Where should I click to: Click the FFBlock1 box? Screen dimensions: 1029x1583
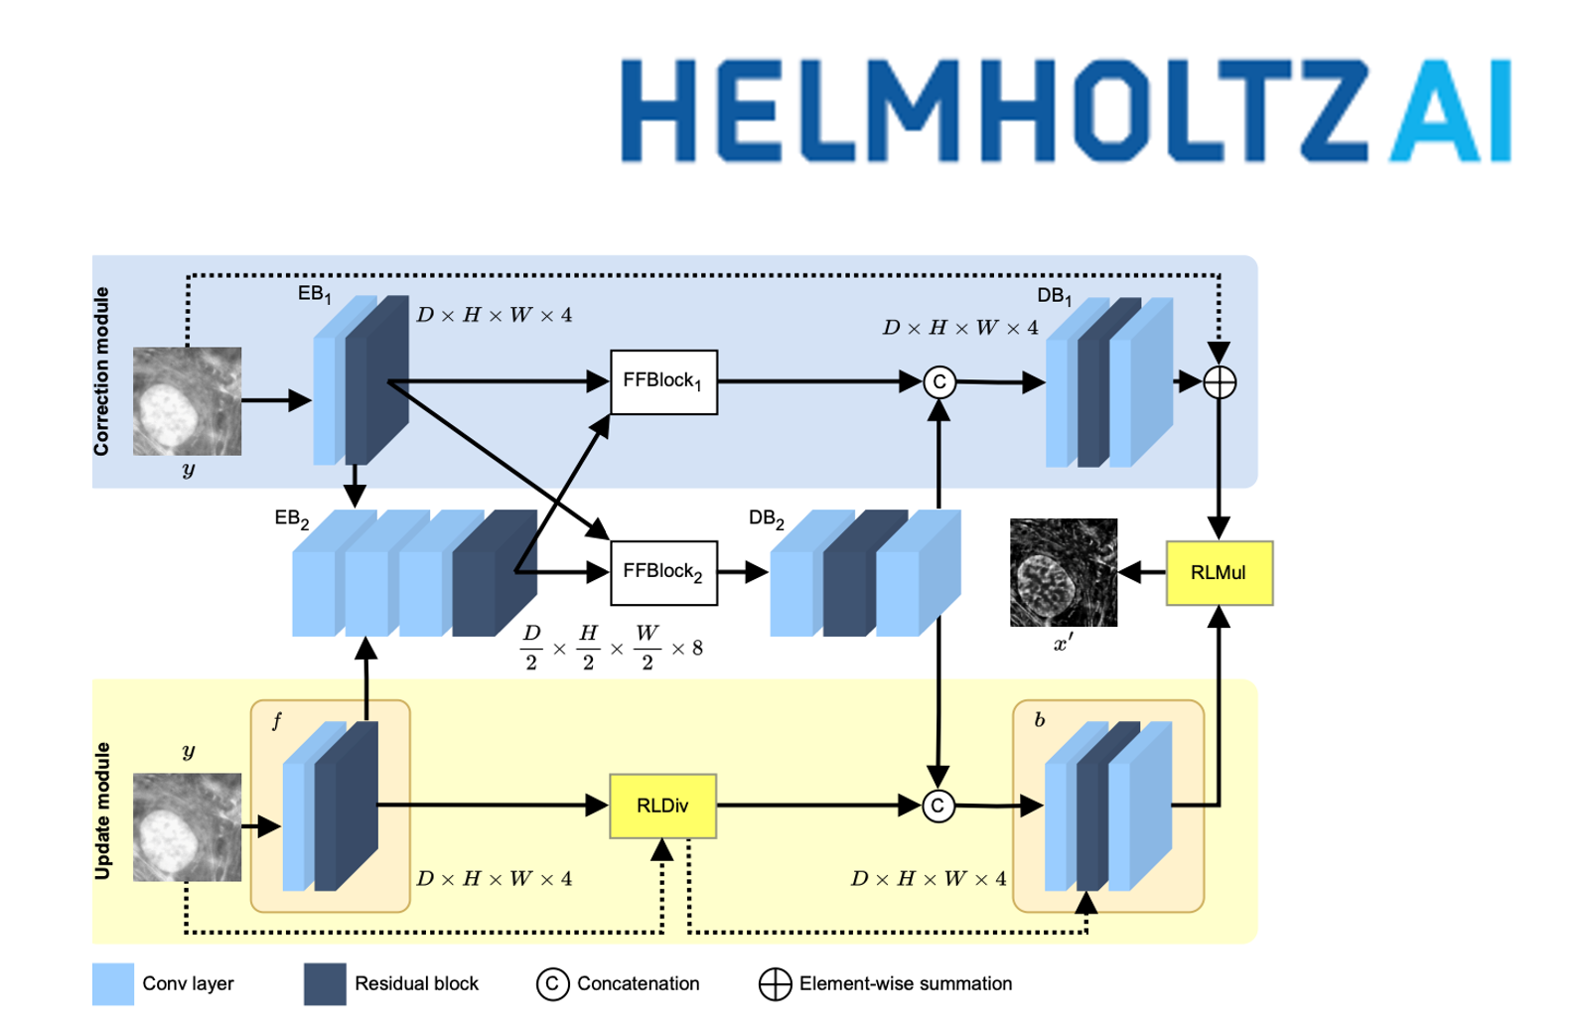(x=663, y=381)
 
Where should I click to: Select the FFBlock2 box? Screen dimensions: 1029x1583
(x=663, y=572)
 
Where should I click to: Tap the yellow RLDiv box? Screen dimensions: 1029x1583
(x=662, y=806)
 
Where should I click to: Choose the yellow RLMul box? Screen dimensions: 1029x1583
(x=1219, y=573)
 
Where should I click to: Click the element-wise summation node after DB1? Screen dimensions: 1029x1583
(x=1220, y=382)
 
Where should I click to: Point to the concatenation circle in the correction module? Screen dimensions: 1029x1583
(x=939, y=382)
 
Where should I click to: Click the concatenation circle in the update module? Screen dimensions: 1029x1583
(x=938, y=806)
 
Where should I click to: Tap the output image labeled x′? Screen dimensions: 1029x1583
(x=1064, y=572)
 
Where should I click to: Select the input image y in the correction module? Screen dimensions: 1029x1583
(x=187, y=401)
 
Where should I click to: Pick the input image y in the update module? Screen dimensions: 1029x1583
(x=187, y=826)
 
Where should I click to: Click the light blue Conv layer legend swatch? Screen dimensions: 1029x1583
(x=113, y=983)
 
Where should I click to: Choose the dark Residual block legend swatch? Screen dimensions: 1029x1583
(x=325, y=983)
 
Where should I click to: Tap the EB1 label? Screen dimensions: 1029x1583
(x=314, y=294)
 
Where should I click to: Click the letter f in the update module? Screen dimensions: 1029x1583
(x=276, y=721)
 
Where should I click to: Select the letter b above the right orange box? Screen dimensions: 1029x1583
(x=1039, y=720)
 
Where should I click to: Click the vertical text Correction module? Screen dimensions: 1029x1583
(x=101, y=371)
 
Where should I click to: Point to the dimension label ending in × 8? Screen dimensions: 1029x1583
(x=612, y=648)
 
